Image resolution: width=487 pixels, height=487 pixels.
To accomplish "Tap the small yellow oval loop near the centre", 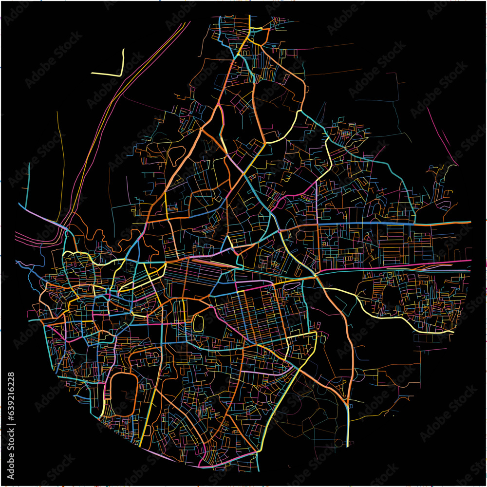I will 198,322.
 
